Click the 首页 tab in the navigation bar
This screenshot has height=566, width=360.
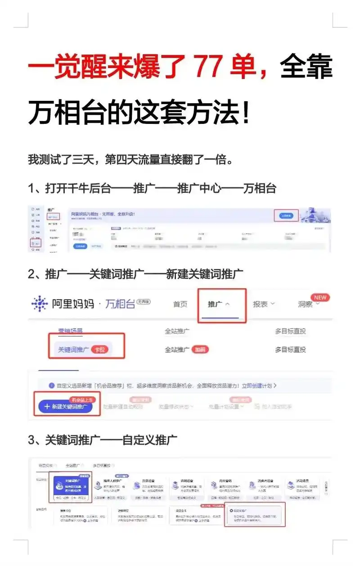pos(180,304)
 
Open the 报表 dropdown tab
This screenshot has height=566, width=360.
pos(263,304)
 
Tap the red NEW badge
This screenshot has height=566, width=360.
pos(320,298)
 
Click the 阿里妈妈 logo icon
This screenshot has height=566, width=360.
pos(40,304)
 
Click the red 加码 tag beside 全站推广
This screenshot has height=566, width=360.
pos(200,349)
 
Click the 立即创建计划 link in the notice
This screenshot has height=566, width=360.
pos(256,385)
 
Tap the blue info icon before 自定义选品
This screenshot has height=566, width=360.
pos(52,385)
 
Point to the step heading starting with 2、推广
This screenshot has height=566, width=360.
pos(135,274)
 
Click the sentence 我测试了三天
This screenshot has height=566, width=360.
pos(130,160)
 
